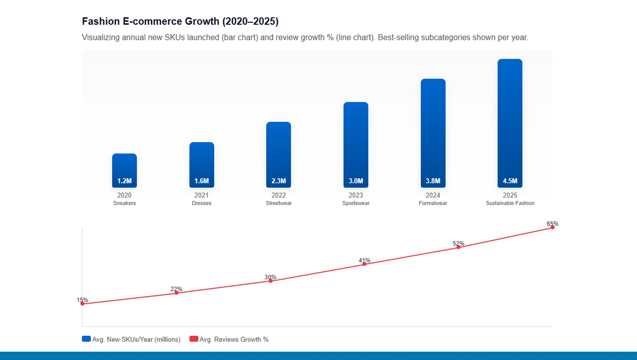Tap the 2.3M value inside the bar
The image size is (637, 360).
tap(279, 181)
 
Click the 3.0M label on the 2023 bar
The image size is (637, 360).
tap(356, 181)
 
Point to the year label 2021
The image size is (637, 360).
tap(201, 195)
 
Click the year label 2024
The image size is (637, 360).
tap(433, 195)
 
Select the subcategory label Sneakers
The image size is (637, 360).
tap(124, 203)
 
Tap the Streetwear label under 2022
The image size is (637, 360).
tap(279, 203)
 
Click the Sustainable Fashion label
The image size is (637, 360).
tap(510, 203)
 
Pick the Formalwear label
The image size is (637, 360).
tap(433, 203)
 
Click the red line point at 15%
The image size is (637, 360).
tap(83, 304)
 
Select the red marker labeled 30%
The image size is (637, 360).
tap(271, 281)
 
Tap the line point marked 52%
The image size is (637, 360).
tap(458, 247)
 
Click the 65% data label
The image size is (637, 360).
tap(552, 223)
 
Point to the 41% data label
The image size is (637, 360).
tap(364, 260)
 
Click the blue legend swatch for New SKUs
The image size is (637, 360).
tap(86, 339)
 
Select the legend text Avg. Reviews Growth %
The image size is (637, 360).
tap(234, 339)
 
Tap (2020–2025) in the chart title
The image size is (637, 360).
tap(250, 21)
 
